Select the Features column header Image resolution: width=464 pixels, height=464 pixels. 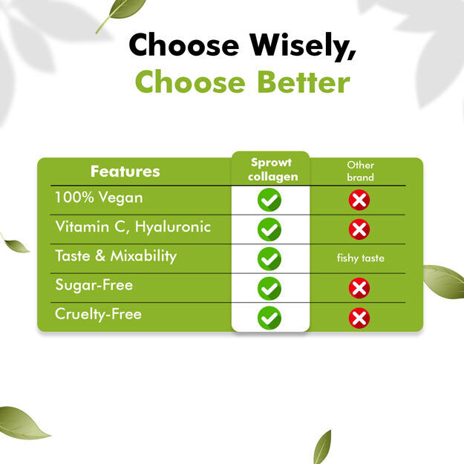pos(125,171)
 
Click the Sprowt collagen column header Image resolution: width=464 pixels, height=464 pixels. pos(272,170)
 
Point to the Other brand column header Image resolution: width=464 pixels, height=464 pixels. pos(360,171)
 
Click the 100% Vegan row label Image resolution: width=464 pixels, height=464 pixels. pos(99,197)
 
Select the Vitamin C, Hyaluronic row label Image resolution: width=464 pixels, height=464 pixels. pos(133,227)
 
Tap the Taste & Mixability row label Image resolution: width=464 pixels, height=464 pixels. pos(116,256)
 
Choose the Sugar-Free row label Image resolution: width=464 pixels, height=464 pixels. pos(94,285)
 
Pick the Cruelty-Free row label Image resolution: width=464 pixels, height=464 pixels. pos(98,314)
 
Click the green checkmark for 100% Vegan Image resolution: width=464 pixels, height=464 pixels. pos(269,200)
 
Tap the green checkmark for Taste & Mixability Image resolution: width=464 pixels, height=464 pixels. pos(269,259)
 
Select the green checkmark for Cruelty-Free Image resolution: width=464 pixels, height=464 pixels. pos(269,318)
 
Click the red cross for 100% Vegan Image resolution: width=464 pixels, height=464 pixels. pos(359,200)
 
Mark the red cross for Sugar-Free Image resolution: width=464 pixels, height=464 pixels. pos(359,288)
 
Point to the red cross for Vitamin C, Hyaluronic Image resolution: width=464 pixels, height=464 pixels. pos(359,229)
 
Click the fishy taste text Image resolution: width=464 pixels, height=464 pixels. pos(360,258)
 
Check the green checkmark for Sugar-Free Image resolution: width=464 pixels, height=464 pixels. pos(269,289)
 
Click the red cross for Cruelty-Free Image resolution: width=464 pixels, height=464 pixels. pos(359,318)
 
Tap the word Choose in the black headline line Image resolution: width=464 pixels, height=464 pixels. pos(184,45)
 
